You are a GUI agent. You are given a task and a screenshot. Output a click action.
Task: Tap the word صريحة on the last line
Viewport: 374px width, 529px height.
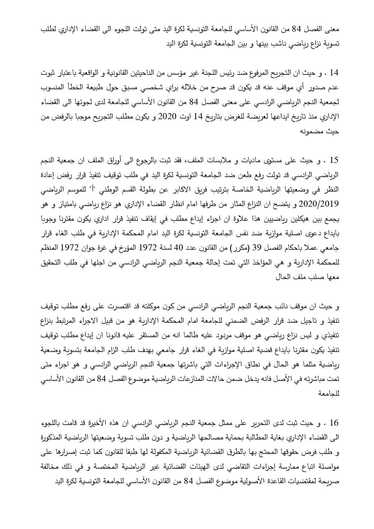(330, 482)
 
